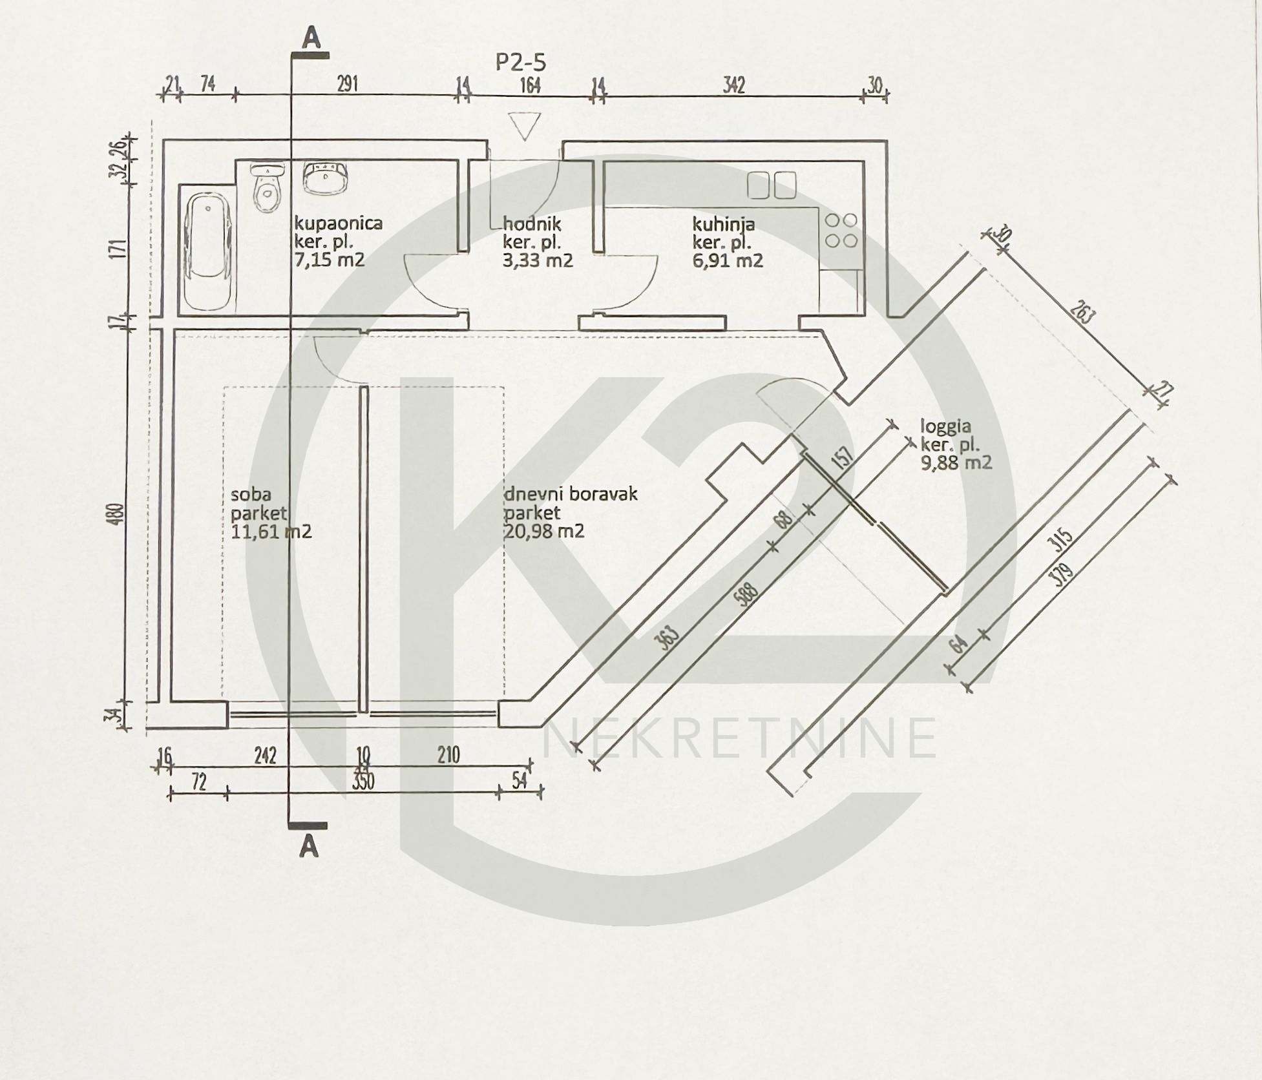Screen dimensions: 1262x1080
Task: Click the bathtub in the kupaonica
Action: (x=208, y=254)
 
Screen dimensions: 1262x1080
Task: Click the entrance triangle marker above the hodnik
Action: (x=524, y=126)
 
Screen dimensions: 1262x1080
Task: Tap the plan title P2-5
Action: (x=521, y=63)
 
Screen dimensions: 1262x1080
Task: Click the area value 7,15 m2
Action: (x=330, y=260)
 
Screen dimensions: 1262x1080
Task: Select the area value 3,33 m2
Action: (x=538, y=260)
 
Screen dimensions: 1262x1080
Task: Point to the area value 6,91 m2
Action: (x=728, y=260)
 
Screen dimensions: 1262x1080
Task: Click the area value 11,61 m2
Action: (x=271, y=532)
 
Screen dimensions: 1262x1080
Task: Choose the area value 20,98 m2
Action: (x=544, y=531)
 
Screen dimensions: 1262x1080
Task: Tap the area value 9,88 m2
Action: (x=956, y=462)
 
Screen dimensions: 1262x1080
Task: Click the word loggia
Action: (x=945, y=426)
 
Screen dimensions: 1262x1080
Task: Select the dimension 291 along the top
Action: (x=346, y=85)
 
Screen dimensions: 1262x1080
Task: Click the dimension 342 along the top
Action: (x=733, y=85)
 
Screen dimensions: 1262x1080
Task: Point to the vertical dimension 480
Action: (x=118, y=515)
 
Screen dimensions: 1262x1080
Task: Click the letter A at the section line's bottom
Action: (x=310, y=846)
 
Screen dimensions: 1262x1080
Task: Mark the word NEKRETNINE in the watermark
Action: (x=741, y=738)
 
